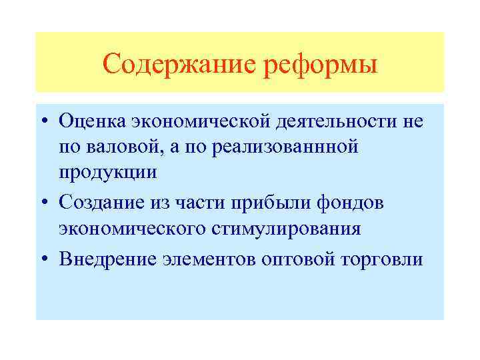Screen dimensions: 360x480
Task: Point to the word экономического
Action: click(133, 229)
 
